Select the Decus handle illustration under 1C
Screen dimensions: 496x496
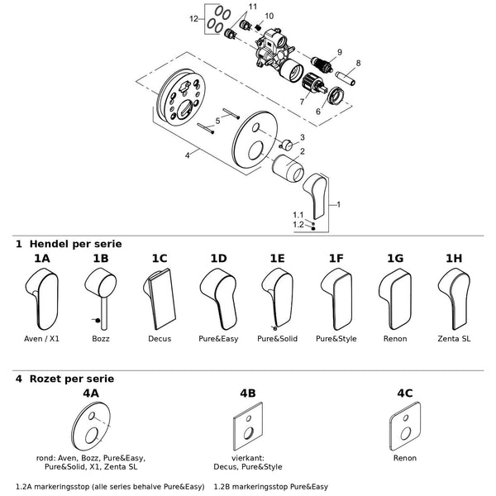pos(160,299)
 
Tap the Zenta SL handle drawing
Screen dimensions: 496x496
pos(454,299)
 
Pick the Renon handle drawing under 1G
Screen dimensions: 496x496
pos(395,299)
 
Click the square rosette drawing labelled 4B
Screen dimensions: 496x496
pos(248,426)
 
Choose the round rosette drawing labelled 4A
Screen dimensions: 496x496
pos(91,426)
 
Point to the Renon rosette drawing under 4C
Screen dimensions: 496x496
pos(405,426)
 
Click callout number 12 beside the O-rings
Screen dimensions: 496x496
pos(193,19)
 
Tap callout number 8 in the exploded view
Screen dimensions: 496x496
pos(358,63)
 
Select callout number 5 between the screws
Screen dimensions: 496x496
pos(217,121)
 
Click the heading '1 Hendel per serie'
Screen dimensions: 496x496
pos(69,244)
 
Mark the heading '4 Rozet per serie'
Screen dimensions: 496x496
pos(64,379)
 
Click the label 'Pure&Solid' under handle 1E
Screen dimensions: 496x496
pos(278,339)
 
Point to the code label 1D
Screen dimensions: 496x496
pos(218,259)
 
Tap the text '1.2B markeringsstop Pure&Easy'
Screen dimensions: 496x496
pos(271,487)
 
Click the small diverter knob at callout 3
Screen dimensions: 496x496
pos(287,145)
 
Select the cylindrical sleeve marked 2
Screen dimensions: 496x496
pos(288,168)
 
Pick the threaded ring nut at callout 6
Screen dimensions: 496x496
pos(335,95)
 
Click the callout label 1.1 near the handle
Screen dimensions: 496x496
pos(298,215)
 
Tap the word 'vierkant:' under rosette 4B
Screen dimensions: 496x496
pos(248,458)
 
